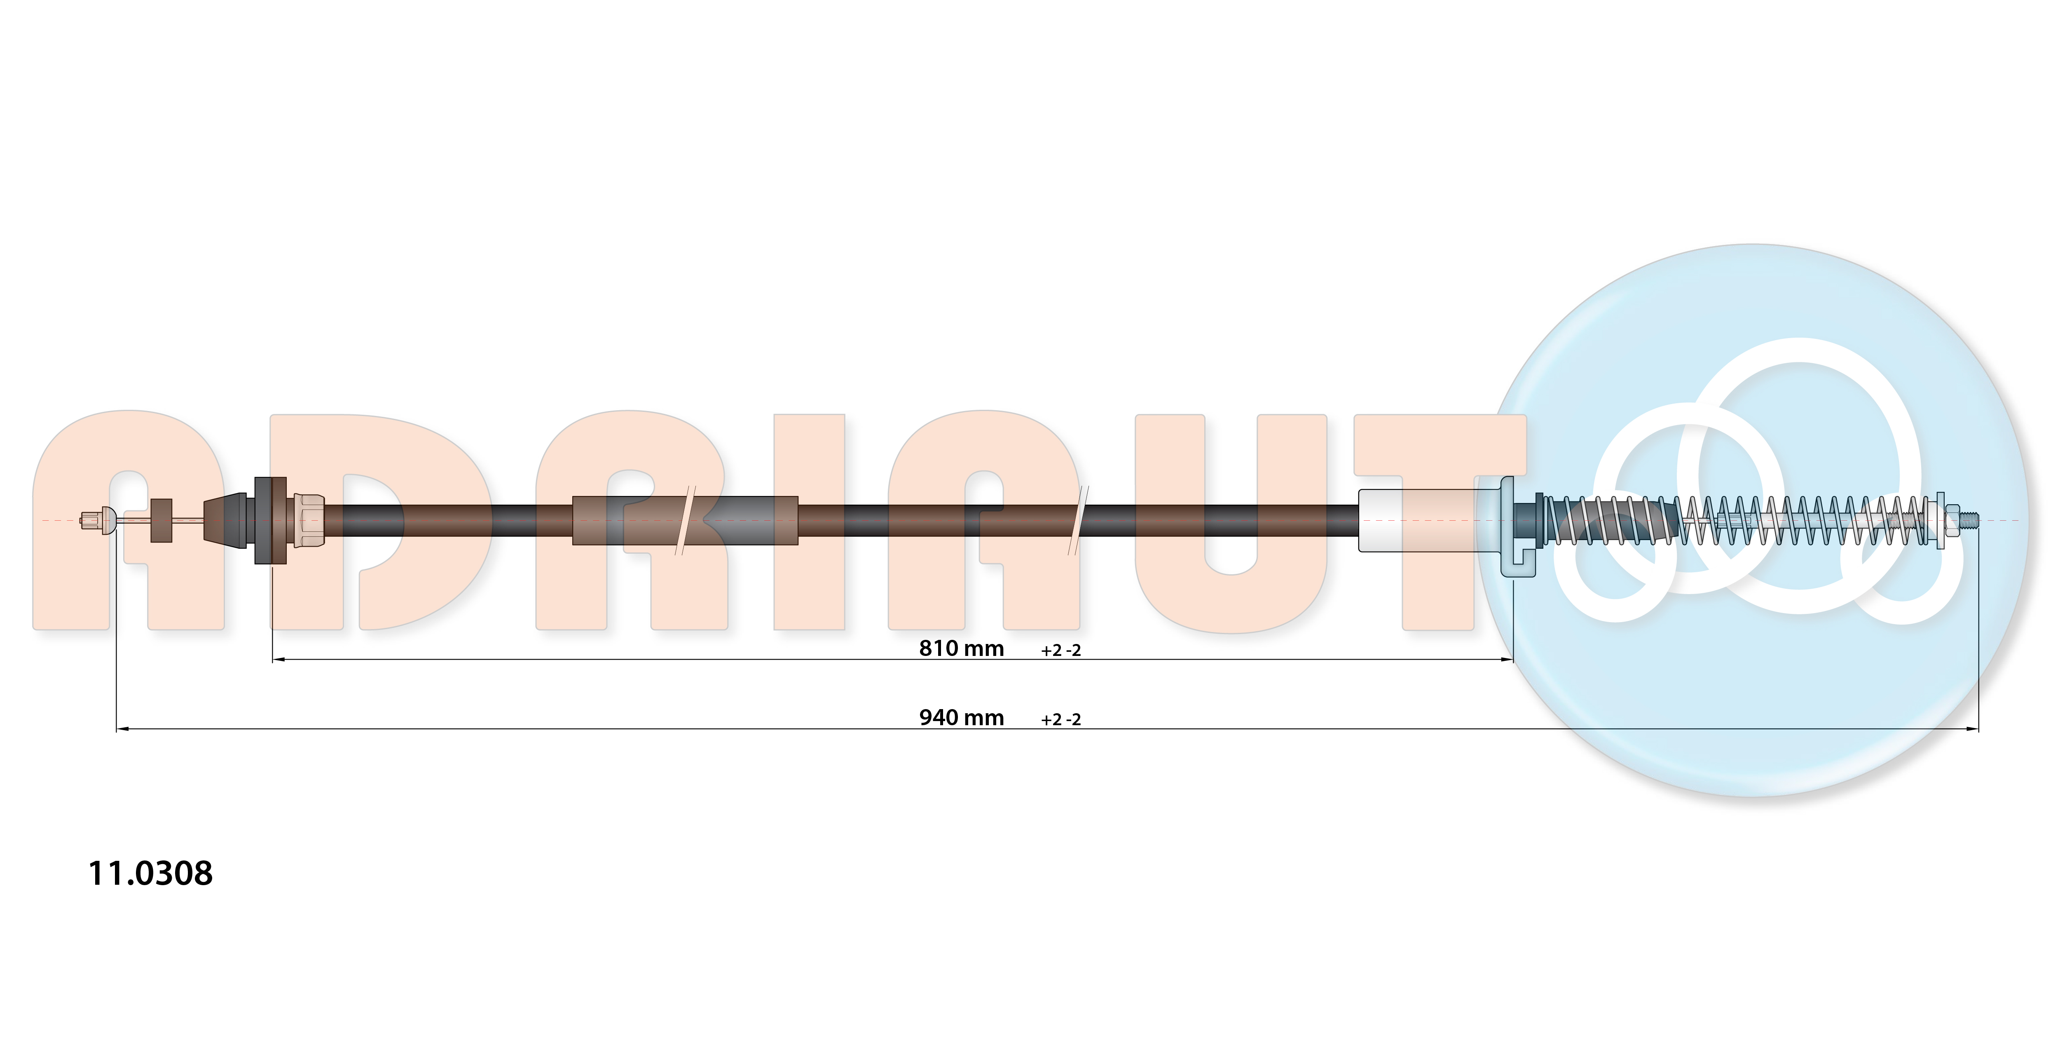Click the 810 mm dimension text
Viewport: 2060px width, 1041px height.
point(961,648)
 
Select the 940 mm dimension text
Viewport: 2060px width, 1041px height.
point(961,718)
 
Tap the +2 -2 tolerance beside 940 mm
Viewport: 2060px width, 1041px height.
point(1060,719)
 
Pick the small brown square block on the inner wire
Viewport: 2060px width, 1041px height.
point(162,520)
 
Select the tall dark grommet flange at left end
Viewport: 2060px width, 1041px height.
point(270,520)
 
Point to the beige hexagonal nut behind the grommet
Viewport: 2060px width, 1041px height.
point(309,520)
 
